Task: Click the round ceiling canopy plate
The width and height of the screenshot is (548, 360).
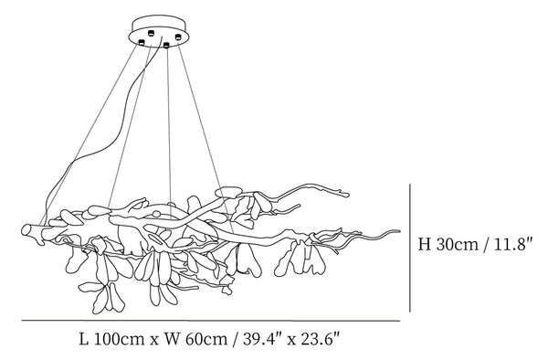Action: tap(159, 31)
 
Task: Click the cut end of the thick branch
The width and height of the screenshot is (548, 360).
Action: tap(26, 229)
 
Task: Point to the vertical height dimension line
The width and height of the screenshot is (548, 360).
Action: tap(409, 248)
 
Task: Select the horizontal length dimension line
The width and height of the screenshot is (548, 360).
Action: tap(211, 320)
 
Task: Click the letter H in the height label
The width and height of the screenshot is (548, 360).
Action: tap(425, 244)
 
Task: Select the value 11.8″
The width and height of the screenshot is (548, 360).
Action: tap(512, 243)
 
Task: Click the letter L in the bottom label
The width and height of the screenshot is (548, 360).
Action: tap(83, 339)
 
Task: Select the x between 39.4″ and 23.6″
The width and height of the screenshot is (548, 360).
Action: tap(290, 341)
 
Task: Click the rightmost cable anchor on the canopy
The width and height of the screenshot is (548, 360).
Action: tap(178, 37)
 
